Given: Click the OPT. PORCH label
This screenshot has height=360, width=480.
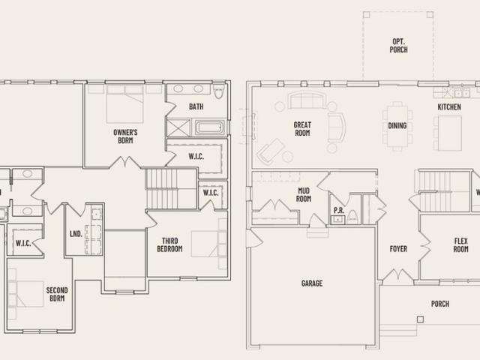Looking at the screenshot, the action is [x=398, y=45].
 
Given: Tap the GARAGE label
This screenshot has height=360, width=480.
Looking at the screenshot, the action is [x=312, y=283].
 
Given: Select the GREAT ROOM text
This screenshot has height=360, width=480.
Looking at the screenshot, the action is [x=302, y=129].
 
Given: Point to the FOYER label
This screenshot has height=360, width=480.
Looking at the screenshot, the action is [x=398, y=249].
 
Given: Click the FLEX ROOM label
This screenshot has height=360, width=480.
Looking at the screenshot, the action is [x=460, y=245].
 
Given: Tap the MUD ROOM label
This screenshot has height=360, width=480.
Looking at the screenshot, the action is [x=303, y=195].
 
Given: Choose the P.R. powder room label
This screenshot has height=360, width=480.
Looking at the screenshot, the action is [x=339, y=210].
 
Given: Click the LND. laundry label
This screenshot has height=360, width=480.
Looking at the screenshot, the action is [x=76, y=234].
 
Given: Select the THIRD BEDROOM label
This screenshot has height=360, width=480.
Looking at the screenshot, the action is [x=169, y=245].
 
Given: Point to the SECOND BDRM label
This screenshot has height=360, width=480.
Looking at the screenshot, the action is [x=57, y=294].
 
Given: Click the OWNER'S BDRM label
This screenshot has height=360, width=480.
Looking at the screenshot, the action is [x=125, y=136].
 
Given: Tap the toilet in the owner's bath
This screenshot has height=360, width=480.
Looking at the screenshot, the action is [x=218, y=91].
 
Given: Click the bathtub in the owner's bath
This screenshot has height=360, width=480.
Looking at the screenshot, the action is [x=210, y=127].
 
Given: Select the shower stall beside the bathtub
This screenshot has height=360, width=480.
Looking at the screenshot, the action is [x=178, y=127].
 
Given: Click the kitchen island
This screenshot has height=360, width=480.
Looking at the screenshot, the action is [x=450, y=133].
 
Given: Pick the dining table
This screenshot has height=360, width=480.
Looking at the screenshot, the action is [x=397, y=126].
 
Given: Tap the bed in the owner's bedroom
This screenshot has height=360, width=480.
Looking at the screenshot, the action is [x=125, y=104].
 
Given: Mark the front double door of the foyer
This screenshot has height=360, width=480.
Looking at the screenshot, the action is [x=398, y=275].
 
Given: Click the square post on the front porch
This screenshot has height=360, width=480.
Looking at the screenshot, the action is [x=420, y=319].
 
